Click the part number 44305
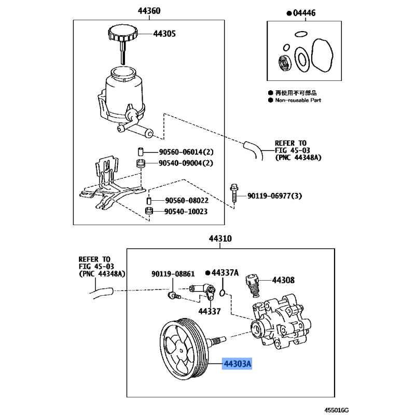coord(164,34)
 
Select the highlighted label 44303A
coord(237,364)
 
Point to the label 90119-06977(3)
coord(275,196)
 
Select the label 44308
coord(283,280)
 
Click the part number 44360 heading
coord(149,11)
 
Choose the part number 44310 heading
coord(220,239)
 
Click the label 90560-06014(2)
coord(186,152)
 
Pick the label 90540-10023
coord(186,212)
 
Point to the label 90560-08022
coord(187,201)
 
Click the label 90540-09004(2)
coord(186,163)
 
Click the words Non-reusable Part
coord(298,100)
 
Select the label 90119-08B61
coord(173,274)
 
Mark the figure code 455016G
coord(337,410)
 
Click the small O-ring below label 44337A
coord(223,293)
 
